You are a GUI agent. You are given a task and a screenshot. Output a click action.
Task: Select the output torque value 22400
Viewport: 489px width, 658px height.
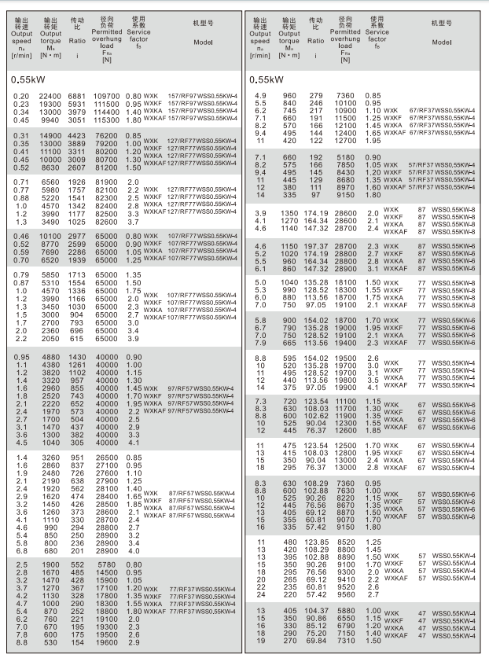[50, 96]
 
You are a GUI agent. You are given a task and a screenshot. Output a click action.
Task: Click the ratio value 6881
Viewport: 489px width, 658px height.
[76, 96]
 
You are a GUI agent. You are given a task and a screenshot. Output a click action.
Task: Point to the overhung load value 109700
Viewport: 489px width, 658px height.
[107, 96]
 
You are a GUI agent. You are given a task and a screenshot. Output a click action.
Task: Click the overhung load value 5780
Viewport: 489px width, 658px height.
[107, 564]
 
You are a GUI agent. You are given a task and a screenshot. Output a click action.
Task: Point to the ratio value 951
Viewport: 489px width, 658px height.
[76, 457]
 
